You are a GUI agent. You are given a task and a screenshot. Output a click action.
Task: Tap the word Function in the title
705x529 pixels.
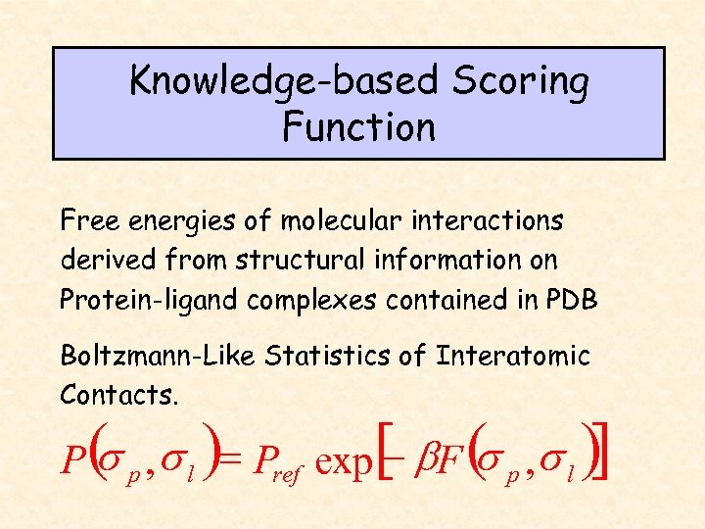coord(358,127)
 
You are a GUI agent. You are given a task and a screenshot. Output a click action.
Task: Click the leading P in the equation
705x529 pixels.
coord(70,458)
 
